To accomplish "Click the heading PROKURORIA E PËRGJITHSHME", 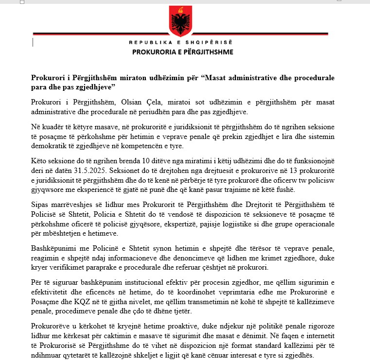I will coord(182,52).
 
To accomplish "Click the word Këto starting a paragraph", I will coord(40,162).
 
